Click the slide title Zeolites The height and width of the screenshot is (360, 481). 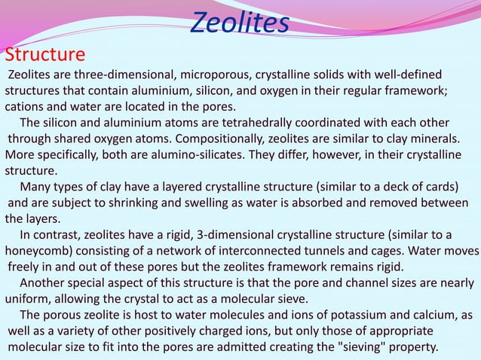[x=239, y=23]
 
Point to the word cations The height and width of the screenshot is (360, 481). [x=28, y=106]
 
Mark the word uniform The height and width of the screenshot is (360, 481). [x=28, y=299]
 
